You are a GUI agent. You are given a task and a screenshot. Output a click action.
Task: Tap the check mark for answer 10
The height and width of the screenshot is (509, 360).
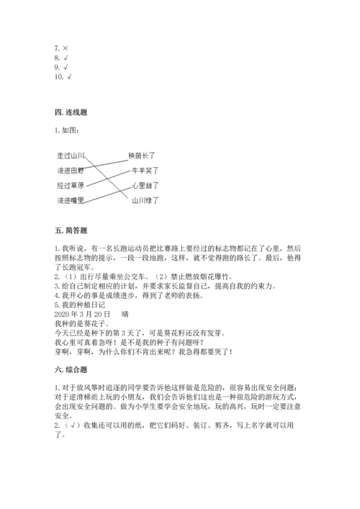coord(69,76)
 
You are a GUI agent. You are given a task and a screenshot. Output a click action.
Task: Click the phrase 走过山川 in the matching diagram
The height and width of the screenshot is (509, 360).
coord(71,156)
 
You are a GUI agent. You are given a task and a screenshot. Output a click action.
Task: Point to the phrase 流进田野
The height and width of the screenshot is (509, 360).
coord(71,171)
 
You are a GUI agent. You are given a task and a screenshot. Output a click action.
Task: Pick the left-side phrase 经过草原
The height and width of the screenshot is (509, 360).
coord(71,185)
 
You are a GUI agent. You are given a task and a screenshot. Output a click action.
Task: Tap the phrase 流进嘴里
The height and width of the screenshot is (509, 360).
coord(71,200)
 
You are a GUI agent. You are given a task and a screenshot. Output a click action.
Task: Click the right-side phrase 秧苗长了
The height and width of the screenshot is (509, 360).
coord(143,156)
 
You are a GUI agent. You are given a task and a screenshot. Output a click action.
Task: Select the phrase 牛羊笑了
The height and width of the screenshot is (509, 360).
coord(145,171)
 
